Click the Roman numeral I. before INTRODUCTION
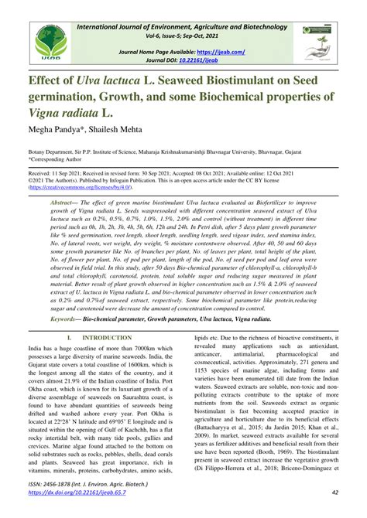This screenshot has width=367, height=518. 70,338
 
